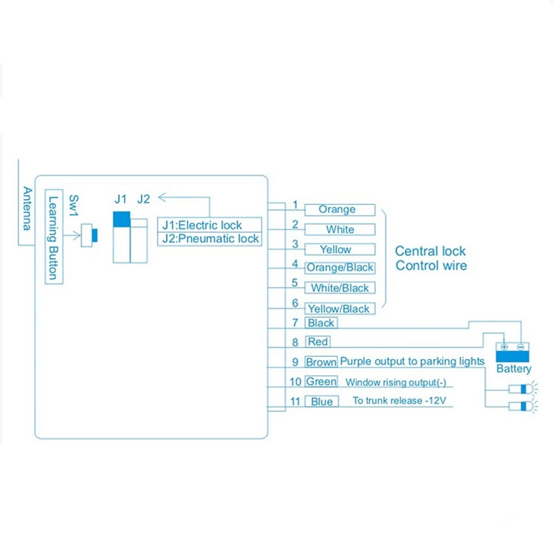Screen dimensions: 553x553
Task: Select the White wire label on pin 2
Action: tap(340, 230)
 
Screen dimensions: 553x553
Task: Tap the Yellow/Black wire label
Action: tap(338, 309)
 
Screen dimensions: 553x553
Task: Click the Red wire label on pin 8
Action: tap(318, 342)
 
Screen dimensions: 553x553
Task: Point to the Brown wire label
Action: tap(321, 362)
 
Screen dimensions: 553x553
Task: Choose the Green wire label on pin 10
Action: tap(321, 382)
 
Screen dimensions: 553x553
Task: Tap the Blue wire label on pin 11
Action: tap(321, 402)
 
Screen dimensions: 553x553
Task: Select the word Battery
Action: tap(513, 369)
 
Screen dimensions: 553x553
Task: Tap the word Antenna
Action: tap(27, 208)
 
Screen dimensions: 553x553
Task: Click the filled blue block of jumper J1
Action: tap(122, 220)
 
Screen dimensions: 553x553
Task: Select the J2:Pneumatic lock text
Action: tap(210, 239)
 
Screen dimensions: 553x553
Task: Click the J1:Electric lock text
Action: tap(201, 225)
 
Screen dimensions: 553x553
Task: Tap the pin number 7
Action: tap(295, 322)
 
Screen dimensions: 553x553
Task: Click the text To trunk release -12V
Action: tap(399, 401)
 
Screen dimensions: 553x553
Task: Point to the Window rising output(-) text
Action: tap(398, 382)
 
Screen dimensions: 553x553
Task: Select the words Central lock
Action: tap(431, 251)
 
